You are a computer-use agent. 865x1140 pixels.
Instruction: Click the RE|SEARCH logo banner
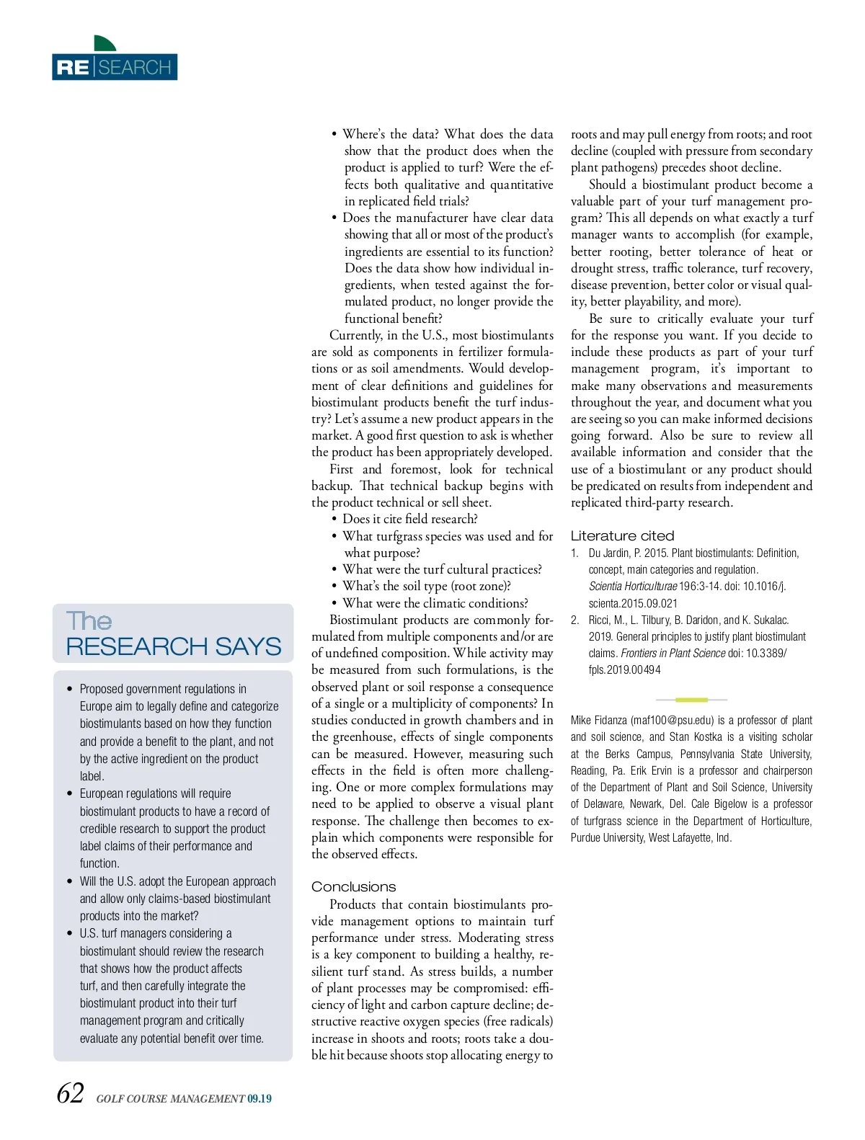click(x=115, y=67)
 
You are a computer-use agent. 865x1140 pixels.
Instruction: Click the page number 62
click(x=70, y=1094)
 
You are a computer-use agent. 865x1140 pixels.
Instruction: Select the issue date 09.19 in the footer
click(x=259, y=1099)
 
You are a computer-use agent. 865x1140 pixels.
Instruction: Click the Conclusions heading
click(x=353, y=886)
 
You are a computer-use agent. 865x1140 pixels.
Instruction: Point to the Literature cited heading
click(x=622, y=535)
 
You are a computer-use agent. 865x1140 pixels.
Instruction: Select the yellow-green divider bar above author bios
click(x=691, y=700)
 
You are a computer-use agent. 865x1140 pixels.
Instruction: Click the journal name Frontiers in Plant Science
click(x=673, y=654)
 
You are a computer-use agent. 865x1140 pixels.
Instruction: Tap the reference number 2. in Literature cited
click(x=575, y=620)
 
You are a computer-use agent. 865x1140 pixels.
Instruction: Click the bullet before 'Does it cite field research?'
click(x=334, y=520)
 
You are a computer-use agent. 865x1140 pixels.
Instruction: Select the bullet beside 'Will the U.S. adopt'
click(x=70, y=881)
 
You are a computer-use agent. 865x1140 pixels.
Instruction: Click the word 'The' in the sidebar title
click(x=89, y=621)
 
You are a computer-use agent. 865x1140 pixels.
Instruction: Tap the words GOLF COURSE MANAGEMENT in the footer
click(x=170, y=1099)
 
